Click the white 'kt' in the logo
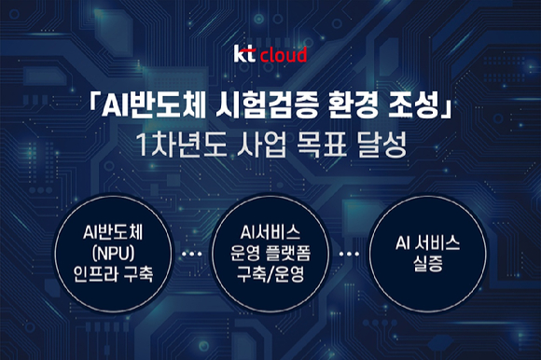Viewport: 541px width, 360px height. pyautogui.click(x=244, y=54)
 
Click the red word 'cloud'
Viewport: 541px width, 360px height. pyautogui.click(x=283, y=55)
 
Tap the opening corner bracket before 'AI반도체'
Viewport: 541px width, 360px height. pyautogui.click(x=93, y=102)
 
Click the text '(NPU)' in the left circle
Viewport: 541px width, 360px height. pyautogui.click(x=113, y=254)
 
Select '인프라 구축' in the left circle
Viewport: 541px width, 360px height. pyautogui.click(x=113, y=274)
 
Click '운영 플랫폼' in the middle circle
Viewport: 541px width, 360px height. pyautogui.click(x=270, y=253)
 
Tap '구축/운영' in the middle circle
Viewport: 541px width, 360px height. pyautogui.click(x=270, y=274)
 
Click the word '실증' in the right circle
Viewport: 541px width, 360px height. pyautogui.click(x=428, y=264)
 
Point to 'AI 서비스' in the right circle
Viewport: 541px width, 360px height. pyautogui.click(x=428, y=242)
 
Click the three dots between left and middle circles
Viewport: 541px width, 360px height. pyautogui.click(x=191, y=254)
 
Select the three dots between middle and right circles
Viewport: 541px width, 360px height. pyautogui.click(x=349, y=254)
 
